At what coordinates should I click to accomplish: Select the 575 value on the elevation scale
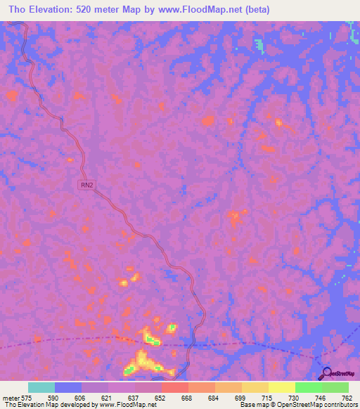pyautogui.click(x=28, y=398)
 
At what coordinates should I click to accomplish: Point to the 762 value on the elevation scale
pyautogui.click(x=346, y=398)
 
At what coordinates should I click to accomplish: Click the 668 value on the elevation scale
pyautogui.click(x=186, y=398)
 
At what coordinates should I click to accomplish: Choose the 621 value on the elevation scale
pyautogui.click(x=105, y=398)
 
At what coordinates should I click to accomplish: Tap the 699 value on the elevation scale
pyautogui.click(x=239, y=398)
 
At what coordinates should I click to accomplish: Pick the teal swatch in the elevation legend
pyautogui.click(x=41, y=387)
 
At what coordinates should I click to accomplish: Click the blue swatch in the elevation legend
pyautogui.click(x=68, y=387)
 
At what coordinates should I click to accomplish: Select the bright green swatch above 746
pyautogui.click(x=308, y=387)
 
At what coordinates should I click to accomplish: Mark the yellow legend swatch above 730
pyautogui.click(x=281, y=387)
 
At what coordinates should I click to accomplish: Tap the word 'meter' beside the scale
pyautogui.click(x=11, y=398)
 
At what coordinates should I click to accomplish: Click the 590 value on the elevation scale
pyautogui.click(x=52, y=398)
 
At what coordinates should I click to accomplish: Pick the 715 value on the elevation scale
pyautogui.click(x=266, y=398)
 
